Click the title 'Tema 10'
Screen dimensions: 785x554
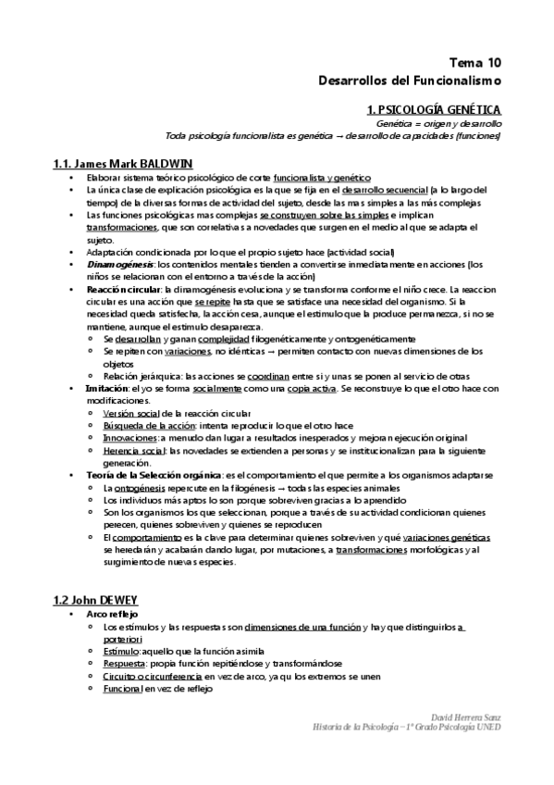click(475, 63)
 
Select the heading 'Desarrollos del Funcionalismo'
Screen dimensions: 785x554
click(410, 81)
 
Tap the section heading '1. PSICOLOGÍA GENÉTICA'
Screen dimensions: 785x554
click(434, 109)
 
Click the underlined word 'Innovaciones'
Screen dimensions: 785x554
click(131, 437)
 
